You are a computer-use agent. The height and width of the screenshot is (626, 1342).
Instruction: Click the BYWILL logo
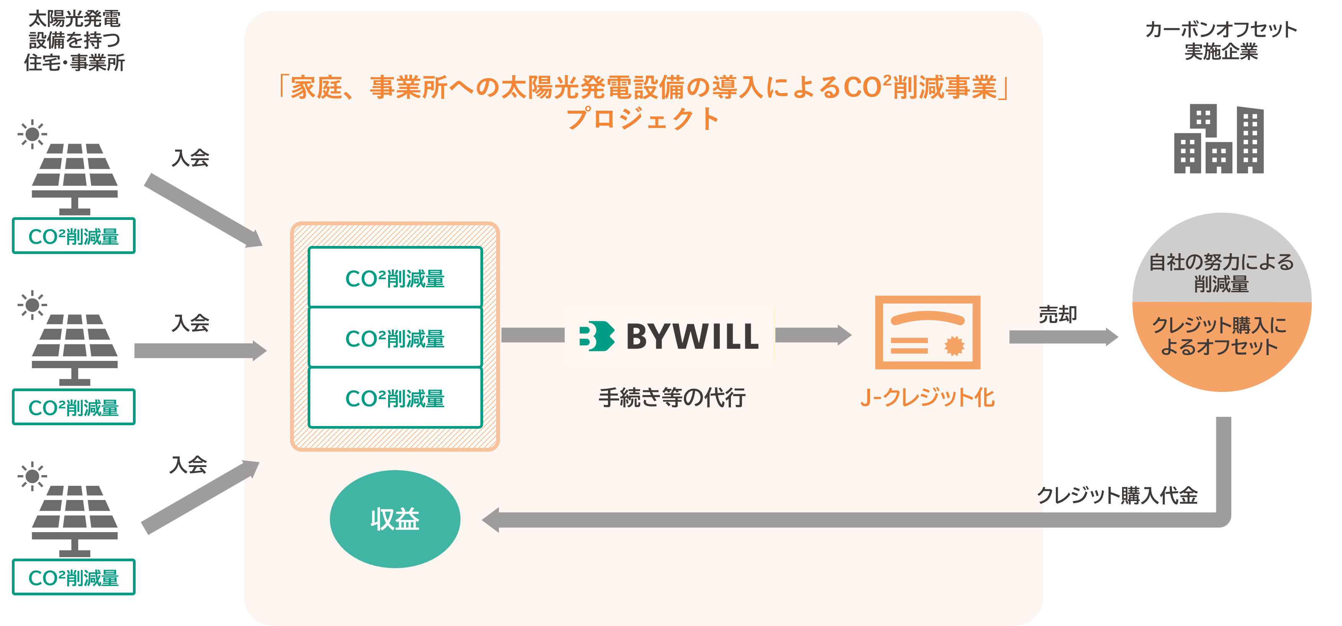669,336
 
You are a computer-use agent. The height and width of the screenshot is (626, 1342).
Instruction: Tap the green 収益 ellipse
395,519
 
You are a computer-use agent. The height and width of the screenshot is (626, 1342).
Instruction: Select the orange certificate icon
927,333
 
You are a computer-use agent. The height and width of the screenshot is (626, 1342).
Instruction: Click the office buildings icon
1219,139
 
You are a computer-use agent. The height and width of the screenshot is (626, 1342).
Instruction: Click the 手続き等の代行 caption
672,398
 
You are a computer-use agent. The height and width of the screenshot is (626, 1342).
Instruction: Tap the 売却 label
1058,315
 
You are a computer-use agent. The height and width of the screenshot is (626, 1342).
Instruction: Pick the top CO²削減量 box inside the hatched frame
395,278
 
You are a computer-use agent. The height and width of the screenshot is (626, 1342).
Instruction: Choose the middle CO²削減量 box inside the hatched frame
395,338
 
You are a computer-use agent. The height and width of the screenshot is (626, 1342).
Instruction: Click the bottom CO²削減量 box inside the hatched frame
395,398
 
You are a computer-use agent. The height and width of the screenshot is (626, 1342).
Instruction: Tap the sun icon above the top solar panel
32,134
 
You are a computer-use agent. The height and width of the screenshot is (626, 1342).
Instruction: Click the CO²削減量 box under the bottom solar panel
74,577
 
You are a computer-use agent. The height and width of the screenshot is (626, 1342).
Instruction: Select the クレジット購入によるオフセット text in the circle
1219,336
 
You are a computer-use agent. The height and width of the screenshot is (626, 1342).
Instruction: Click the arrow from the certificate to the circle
1063,337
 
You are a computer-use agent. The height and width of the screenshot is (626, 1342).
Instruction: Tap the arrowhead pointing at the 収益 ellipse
491,520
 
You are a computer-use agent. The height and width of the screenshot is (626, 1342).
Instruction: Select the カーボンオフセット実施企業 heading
1221,40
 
